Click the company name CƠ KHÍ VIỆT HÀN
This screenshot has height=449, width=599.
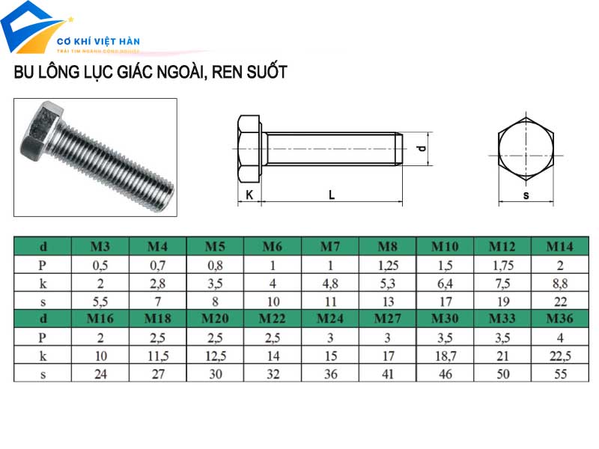[100, 41]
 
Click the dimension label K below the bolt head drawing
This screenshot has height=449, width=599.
[249, 195]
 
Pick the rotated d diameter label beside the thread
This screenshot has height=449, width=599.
[421, 149]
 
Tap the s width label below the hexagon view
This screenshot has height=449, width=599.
[526, 195]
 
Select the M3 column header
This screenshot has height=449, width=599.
[100, 246]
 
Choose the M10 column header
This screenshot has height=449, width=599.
[446, 246]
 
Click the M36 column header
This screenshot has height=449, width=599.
[560, 319]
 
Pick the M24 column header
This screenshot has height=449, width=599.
[330, 319]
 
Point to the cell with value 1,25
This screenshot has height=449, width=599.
[388, 265]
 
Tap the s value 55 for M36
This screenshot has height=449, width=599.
[560, 374]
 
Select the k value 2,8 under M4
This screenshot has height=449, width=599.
[157, 283]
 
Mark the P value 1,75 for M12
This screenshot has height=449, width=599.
[502, 265]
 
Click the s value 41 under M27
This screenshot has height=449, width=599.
[388, 374]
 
